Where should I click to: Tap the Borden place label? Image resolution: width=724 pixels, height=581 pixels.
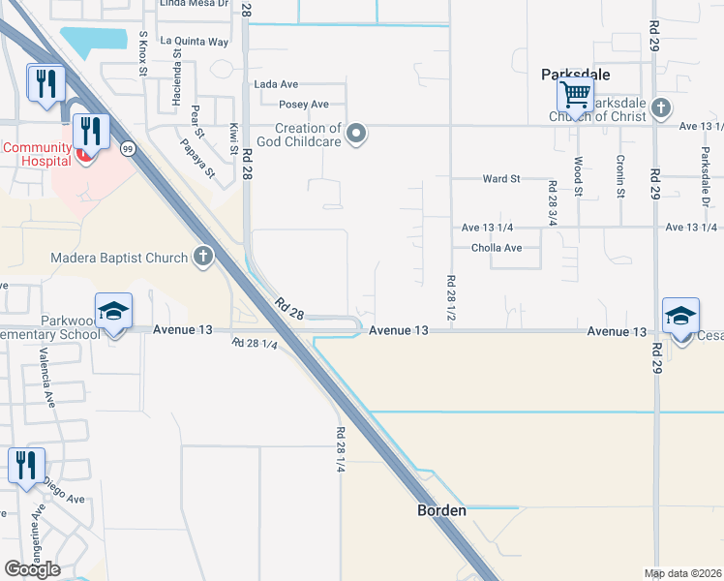[441, 510]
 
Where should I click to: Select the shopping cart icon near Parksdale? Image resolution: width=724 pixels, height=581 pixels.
[575, 96]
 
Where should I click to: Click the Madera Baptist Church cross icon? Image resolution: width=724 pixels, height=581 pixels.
[202, 257]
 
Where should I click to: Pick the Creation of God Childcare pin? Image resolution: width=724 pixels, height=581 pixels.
[357, 134]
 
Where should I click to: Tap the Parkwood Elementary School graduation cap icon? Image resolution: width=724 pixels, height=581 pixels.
[113, 313]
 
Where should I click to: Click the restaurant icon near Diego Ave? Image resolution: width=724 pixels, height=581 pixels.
[26, 466]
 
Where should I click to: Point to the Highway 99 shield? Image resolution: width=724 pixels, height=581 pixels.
[128, 149]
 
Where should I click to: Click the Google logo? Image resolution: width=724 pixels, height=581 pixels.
[32, 569]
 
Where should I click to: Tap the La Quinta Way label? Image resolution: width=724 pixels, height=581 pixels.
[195, 42]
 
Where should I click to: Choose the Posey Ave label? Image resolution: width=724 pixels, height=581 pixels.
[304, 105]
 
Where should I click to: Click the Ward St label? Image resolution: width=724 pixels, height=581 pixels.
[501, 179]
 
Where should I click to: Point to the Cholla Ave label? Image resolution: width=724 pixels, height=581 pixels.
[497, 248]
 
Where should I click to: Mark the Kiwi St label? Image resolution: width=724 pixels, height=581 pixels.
[234, 138]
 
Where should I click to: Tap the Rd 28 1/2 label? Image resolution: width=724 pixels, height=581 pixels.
[451, 298]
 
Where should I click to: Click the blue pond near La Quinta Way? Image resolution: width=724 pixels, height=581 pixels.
[94, 42]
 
